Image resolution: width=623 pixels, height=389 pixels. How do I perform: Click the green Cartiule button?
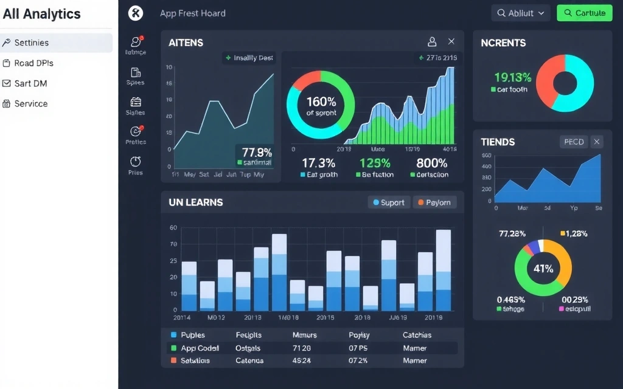click(x=584, y=13)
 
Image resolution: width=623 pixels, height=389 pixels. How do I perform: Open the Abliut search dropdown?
click(x=520, y=13)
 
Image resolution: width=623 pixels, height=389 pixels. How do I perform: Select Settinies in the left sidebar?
click(x=32, y=43)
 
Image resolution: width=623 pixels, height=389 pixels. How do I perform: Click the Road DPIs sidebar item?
click(x=33, y=63)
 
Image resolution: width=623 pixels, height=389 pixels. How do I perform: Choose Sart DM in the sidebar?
click(x=30, y=83)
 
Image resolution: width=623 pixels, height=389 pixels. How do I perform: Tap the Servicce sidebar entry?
click(x=31, y=104)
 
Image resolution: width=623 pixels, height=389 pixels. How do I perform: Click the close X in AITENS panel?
click(x=451, y=42)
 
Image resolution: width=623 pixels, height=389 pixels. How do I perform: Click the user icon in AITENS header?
click(x=432, y=42)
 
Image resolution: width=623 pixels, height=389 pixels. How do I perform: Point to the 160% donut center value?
click(x=321, y=102)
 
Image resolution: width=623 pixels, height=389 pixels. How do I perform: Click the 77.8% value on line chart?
click(x=257, y=152)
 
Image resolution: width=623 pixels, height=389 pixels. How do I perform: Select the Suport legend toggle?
click(x=389, y=202)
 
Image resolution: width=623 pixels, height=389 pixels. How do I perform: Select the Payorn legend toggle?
click(x=434, y=202)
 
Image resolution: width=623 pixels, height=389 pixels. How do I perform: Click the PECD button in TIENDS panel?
click(x=574, y=142)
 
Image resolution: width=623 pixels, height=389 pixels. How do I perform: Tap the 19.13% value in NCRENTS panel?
click(x=512, y=77)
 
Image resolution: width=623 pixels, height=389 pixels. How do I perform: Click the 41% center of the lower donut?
click(x=543, y=268)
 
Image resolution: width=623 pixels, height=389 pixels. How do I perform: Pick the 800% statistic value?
click(x=431, y=163)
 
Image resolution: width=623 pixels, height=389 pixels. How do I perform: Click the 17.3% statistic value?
click(x=318, y=163)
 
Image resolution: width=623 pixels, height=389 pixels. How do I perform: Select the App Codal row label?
click(x=200, y=348)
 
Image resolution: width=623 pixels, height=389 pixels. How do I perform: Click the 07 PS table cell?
click(x=358, y=348)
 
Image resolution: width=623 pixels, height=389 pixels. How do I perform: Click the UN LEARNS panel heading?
click(x=196, y=202)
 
